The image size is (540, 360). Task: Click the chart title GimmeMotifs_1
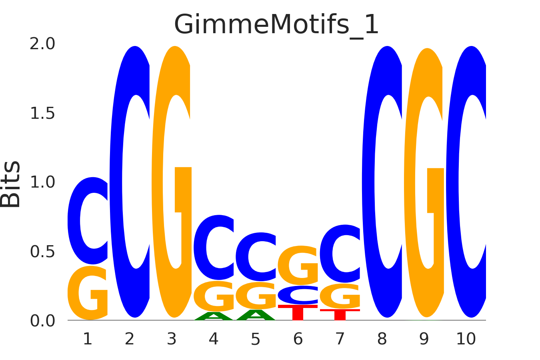point(276,25)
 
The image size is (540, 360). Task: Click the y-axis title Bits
point(11,184)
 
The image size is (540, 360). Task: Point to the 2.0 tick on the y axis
point(42,44)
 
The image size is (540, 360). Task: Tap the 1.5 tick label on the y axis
point(42,114)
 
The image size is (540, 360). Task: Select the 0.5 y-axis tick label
point(42,252)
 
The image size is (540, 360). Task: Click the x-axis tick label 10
point(466,339)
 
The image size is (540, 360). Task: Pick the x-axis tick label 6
point(298,339)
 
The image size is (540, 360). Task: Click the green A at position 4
point(214,316)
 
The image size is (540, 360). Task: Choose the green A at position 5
point(256,315)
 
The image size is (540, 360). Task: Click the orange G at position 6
point(298,265)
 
